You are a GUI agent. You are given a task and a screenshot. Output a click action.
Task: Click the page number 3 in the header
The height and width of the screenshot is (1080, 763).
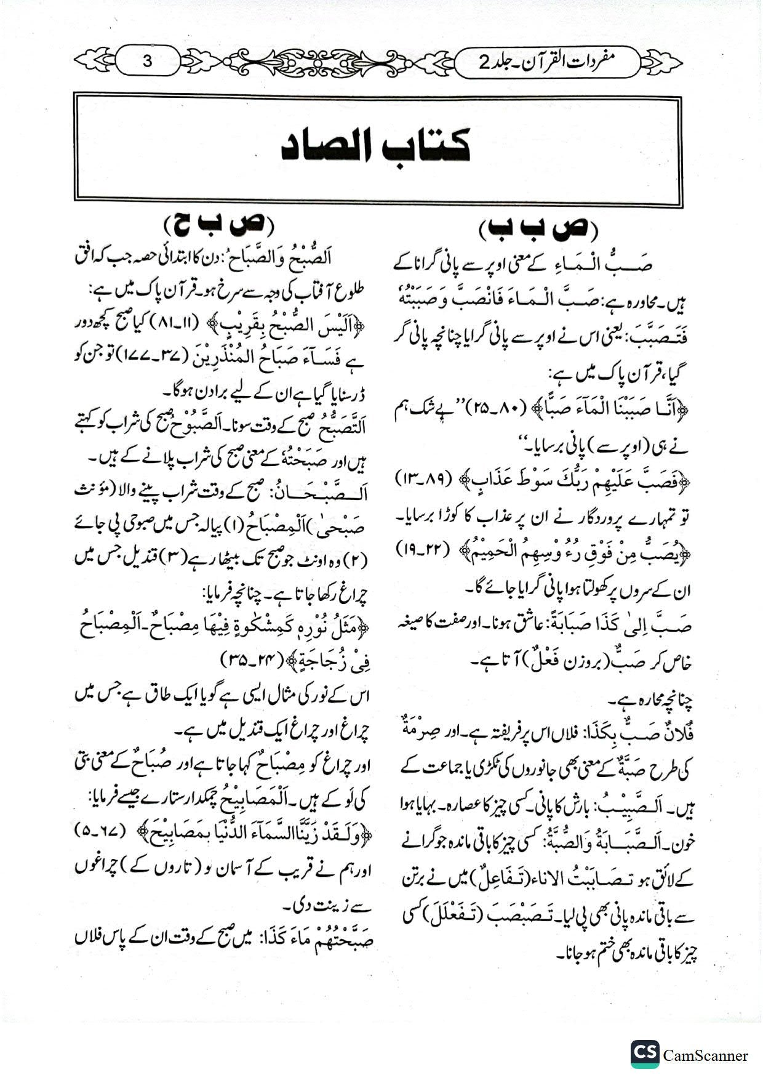[x=147, y=61]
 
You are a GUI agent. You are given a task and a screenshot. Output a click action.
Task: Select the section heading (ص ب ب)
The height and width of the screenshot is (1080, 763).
[x=538, y=230]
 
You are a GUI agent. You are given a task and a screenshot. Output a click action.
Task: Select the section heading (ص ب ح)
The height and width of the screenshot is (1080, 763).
[x=220, y=224]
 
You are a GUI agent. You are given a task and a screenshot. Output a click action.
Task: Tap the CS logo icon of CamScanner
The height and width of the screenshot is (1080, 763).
[x=644, y=1054]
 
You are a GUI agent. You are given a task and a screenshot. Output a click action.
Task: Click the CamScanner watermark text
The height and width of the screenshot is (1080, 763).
[x=706, y=1055]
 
